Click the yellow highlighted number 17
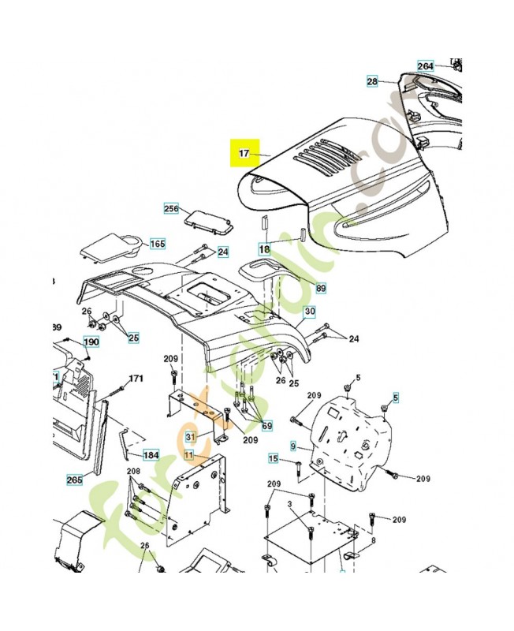pyautogui.click(x=244, y=152)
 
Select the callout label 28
pyautogui.click(x=373, y=81)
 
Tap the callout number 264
pyautogui.click(x=426, y=66)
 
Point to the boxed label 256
pyautogui.click(x=171, y=208)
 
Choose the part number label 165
pyautogui.click(x=158, y=244)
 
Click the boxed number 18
pyautogui.click(x=265, y=249)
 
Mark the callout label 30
pyautogui.click(x=310, y=312)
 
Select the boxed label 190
pyautogui.click(x=91, y=342)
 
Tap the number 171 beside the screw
pyautogui.click(x=136, y=379)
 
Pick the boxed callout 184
pyautogui.click(x=151, y=455)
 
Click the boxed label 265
pyautogui.click(x=74, y=479)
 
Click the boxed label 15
pyautogui.click(x=274, y=458)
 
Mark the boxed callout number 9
pyautogui.click(x=293, y=446)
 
